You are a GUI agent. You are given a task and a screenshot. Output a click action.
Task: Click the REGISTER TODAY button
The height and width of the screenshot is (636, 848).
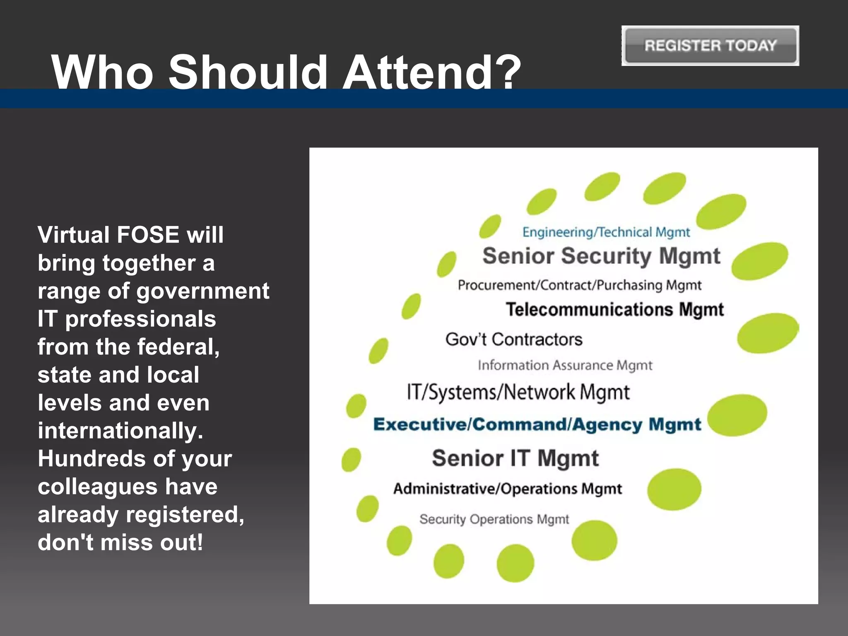coord(710,46)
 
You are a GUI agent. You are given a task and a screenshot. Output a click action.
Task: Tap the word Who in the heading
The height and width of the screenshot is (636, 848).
coord(102,72)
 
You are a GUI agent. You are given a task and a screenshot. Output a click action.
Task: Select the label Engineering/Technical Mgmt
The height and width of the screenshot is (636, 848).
coord(606,232)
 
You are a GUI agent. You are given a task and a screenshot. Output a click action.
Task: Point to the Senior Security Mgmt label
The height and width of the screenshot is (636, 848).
coord(601,256)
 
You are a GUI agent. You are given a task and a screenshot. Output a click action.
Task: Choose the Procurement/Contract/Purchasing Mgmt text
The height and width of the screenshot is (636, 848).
coord(580,285)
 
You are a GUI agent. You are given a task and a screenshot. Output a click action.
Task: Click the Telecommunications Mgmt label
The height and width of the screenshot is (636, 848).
coord(615,310)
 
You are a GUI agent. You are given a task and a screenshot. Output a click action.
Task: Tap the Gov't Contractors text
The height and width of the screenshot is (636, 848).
coord(514,340)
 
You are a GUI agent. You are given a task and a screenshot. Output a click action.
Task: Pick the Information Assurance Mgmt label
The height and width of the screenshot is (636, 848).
coord(565,365)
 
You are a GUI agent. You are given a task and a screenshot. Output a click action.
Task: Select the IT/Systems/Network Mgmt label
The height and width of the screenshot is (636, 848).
coord(518,392)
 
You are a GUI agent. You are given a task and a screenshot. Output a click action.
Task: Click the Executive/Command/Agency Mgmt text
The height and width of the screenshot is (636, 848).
coord(537,424)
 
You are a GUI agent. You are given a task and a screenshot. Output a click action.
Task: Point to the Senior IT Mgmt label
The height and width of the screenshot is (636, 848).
coord(515,458)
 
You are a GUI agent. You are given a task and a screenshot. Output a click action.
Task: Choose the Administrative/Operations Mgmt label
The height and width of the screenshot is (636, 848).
coord(508,489)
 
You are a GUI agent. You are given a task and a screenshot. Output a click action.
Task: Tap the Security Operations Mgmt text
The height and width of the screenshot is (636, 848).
coord(494,519)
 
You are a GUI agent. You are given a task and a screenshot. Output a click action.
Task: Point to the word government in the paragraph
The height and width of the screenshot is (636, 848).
coord(203,291)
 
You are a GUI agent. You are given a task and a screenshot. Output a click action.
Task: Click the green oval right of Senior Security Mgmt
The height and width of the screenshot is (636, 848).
coord(759,261)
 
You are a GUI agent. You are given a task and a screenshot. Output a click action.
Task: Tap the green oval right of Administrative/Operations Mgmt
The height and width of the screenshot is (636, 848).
coord(674,489)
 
